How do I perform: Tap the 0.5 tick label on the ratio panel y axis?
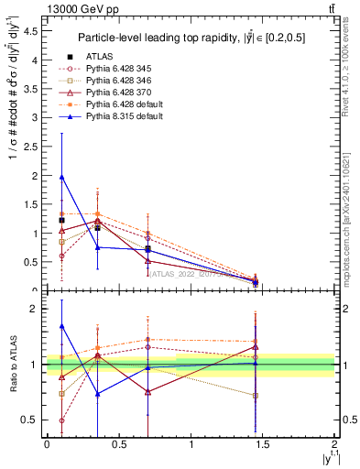point(30,420)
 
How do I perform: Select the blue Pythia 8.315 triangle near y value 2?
point(61,177)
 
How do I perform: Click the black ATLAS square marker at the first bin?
point(61,221)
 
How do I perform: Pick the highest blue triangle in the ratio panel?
point(61,325)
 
